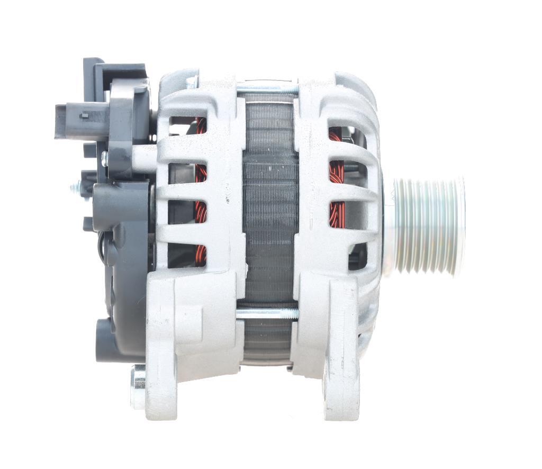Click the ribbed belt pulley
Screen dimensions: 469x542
coord(429,226)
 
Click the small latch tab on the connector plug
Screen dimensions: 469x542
coord(83,114)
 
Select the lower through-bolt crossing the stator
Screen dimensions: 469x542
coord(267,313)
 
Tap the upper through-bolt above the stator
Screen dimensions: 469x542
coord(267,89)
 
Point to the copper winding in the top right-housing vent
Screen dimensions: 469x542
coord(335,135)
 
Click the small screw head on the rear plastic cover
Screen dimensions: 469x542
coord(104,157)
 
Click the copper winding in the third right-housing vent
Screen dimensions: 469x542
coord(336,214)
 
